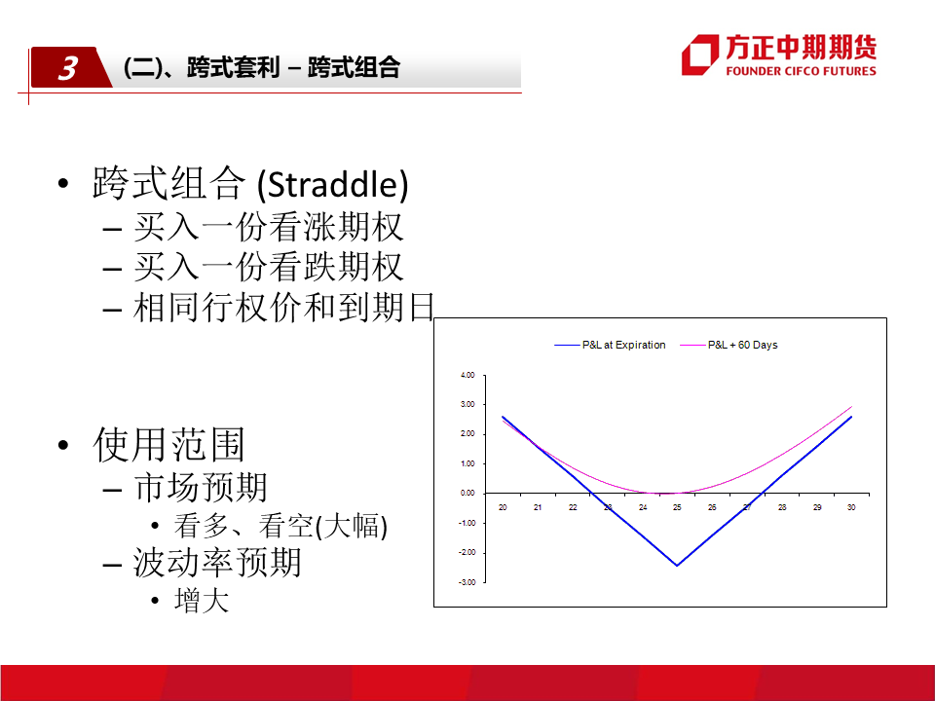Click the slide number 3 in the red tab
tap(68, 68)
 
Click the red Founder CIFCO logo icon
tap(700, 55)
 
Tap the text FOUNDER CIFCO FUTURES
tap(801, 71)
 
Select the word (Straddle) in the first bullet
tap(333, 184)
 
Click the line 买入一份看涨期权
tap(269, 227)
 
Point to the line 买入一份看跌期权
tap(269, 267)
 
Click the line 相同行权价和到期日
tap(283, 308)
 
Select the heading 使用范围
tap(168, 445)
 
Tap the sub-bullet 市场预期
tap(201, 488)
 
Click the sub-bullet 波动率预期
tap(217, 563)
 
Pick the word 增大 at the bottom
tap(202, 601)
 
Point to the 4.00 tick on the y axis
tap(467, 375)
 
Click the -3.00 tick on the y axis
tap(467, 582)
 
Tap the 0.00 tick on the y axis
tap(467, 493)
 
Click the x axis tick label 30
tap(851, 507)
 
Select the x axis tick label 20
tap(503, 507)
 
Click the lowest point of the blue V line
tap(677, 565)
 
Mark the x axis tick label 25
tap(677, 507)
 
